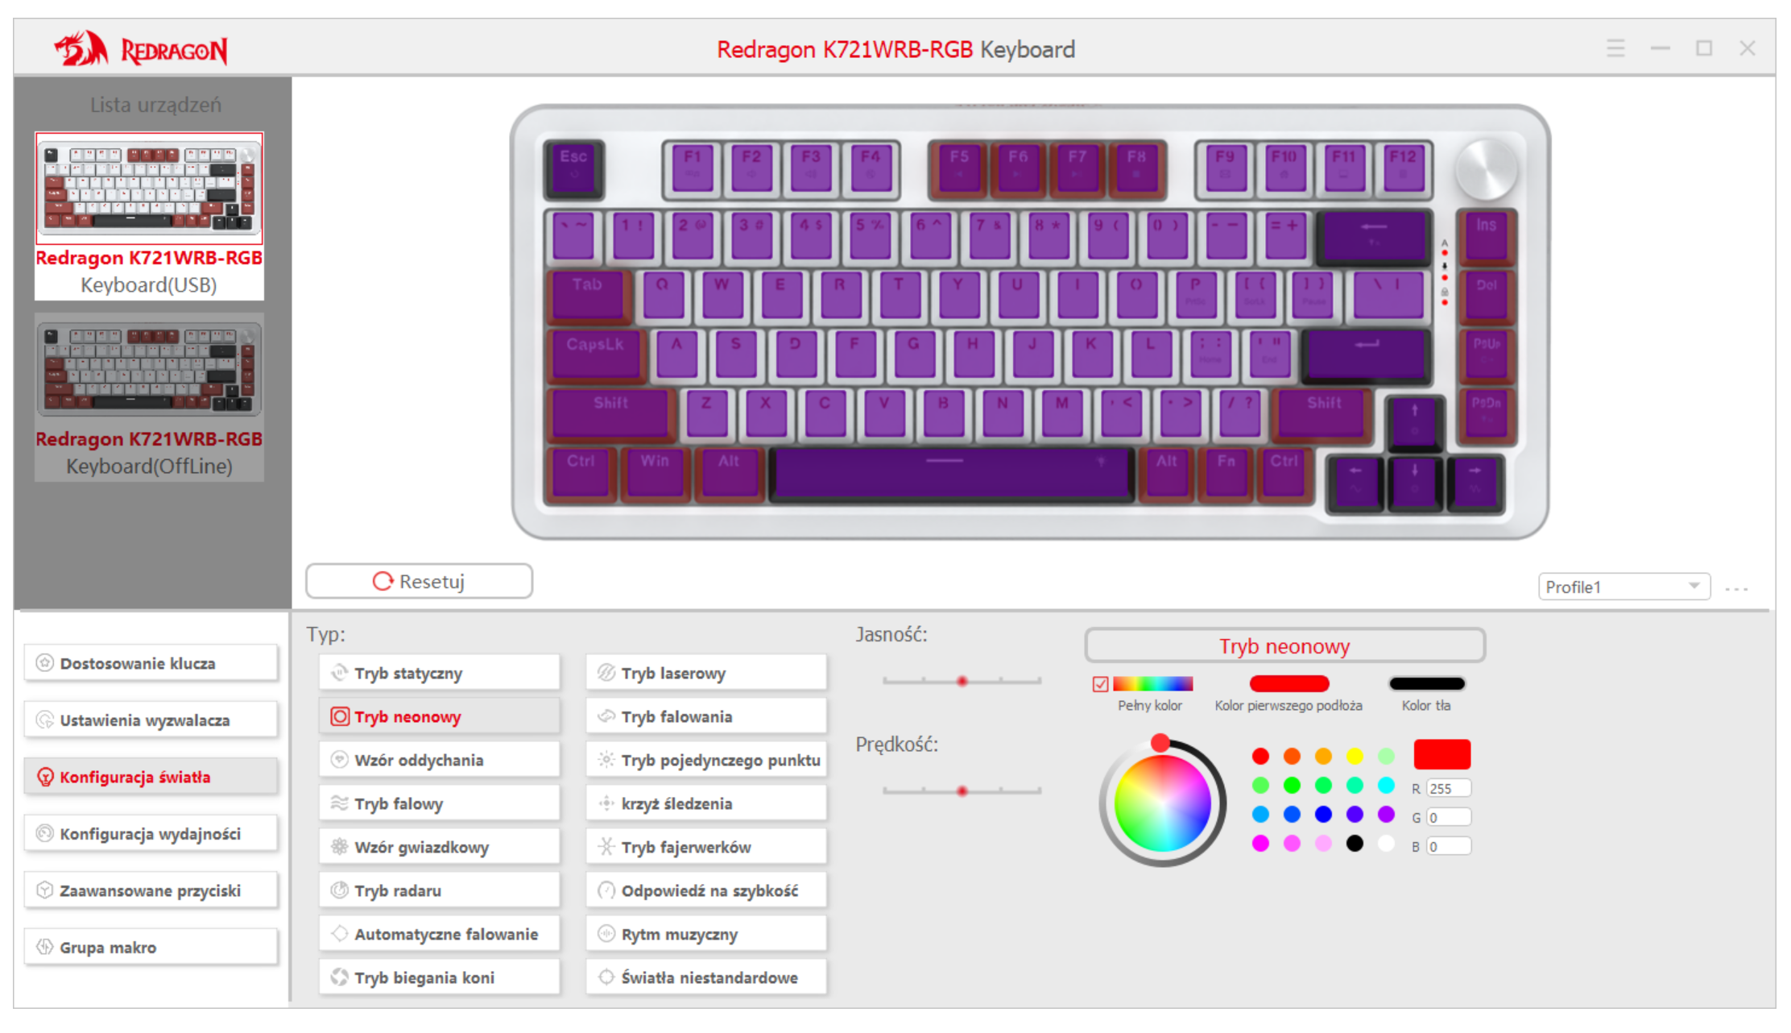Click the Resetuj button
[x=419, y=581]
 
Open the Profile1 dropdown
[x=1623, y=587]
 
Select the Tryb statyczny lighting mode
[x=439, y=673]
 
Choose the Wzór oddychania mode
[x=439, y=760]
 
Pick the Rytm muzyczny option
[x=706, y=934]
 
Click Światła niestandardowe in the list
[x=706, y=977]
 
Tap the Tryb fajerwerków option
[x=706, y=847]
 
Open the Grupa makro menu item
[x=151, y=948]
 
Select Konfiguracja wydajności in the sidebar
[x=151, y=834]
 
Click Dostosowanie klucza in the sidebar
[x=151, y=663]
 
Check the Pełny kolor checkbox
[x=1100, y=684]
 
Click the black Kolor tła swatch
[x=1426, y=684]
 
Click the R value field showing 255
[x=1448, y=788]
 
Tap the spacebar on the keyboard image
[x=950, y=474]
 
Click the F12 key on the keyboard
[x=1403, y=168]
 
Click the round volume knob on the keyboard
[x=1486, y=169]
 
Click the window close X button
[x=1747, y=48]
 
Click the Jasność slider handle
[x=962, y=682]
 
